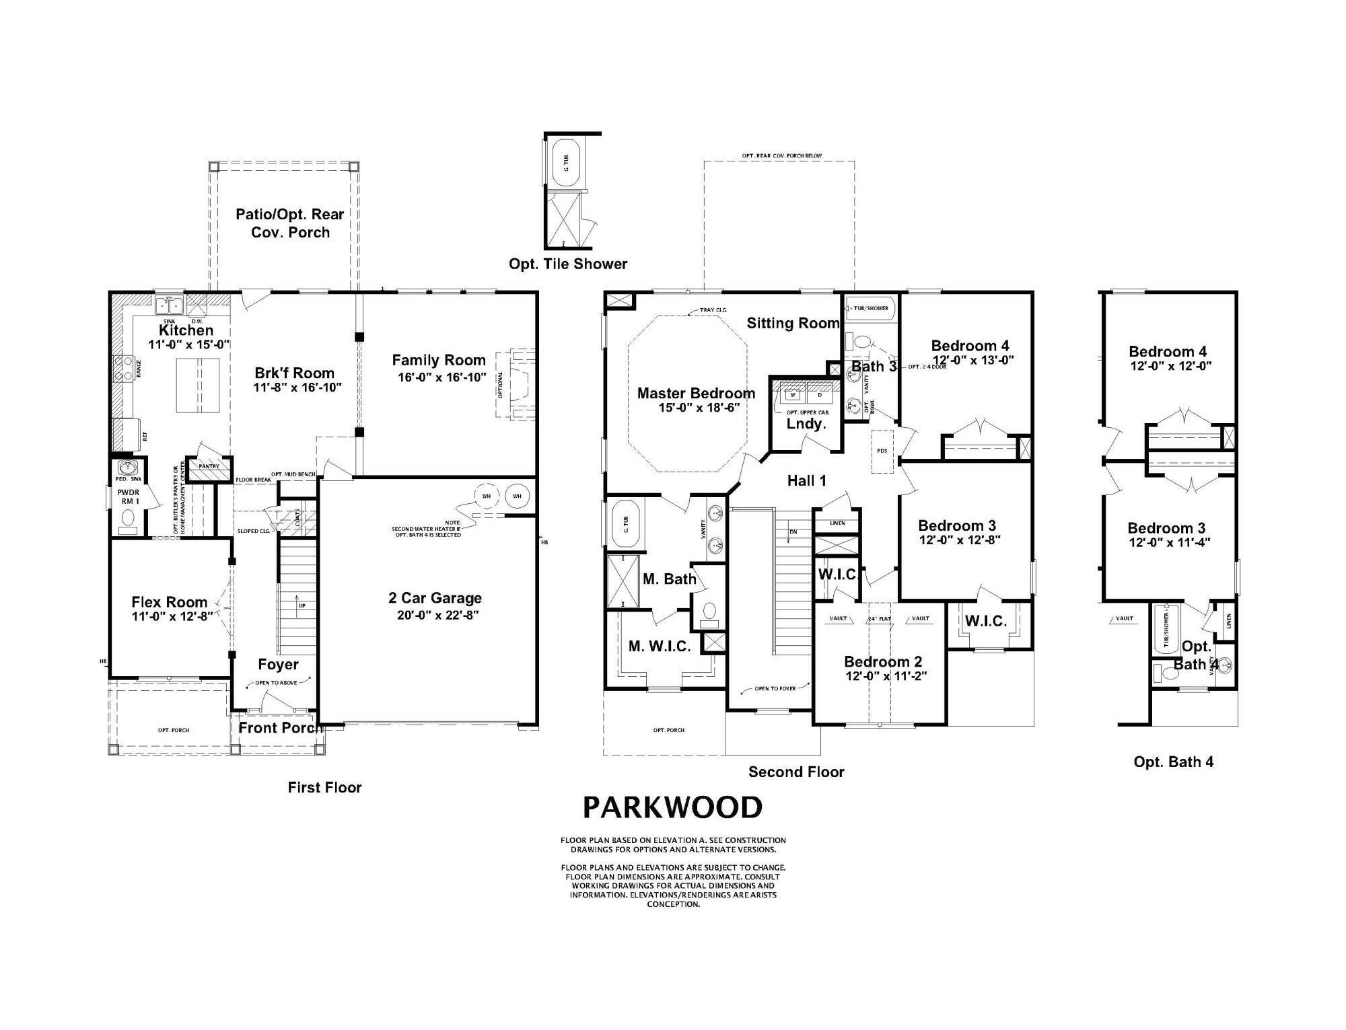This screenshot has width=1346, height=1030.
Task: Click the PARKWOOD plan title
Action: [x=672, y=807]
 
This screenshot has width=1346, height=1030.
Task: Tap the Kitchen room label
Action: [x=186, y=330]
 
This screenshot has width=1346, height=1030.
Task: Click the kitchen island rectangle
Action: [x=198, y=385]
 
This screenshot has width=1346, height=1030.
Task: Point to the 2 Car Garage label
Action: [x=435, y=598]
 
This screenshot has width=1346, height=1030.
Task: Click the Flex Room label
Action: [x=169, y=602]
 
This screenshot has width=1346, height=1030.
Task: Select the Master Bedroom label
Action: [x=696, y=393]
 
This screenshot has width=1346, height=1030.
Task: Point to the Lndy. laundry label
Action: [x=806, y=424]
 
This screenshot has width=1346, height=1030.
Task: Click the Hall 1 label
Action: [x=806, y=480]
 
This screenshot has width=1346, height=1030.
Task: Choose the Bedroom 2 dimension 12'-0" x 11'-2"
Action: [x=886, y=676]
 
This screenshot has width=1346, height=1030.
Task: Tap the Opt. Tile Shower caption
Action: [x=567, y=264]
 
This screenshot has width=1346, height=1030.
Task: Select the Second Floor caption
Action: [x=795, y=772]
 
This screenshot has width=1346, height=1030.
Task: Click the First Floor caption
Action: [x=324, y=787]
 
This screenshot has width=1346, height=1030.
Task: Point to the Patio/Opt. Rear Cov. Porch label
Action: [x=290, y=223]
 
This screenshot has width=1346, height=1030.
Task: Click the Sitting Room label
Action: [x=793, y=324]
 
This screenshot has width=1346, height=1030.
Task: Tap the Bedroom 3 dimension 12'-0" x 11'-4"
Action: [x=1169, y=542]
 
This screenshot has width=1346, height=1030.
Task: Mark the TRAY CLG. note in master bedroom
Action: [x=713, y=311]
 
